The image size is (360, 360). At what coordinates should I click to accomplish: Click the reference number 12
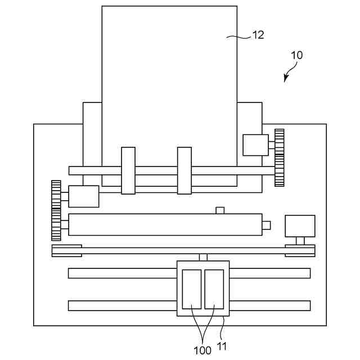[x=258, y=35]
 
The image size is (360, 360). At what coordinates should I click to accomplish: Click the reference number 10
[x=296, y=56]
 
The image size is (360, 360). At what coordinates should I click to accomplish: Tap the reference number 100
[x=202, y=350]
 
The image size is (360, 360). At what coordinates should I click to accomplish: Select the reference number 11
[x=222, y=346]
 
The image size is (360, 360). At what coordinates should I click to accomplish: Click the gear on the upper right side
[x=279, y=157]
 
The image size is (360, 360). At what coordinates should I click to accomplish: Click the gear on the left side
[x=56, y=210]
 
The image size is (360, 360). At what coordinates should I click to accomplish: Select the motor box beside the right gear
[x=255, y=145]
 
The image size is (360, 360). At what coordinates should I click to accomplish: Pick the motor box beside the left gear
[x=83, y=196]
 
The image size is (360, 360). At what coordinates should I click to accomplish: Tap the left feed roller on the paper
[x=128, y=170]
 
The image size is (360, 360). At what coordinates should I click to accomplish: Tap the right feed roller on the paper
[x=184, y=170]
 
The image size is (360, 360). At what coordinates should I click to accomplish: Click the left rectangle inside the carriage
[x=192, y=289]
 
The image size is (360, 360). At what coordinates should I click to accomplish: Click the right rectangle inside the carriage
[x=214, y=289]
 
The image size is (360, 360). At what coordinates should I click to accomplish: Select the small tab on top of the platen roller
[x=220, y=210]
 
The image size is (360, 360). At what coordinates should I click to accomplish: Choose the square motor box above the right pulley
[x=300, y=226]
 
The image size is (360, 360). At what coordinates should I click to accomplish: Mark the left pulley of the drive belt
[x=67, y=251]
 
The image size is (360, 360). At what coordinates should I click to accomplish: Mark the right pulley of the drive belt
[x=300, y=251]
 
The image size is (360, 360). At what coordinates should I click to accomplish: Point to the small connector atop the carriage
[x=203, y=257]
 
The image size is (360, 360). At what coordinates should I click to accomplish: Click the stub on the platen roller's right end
[x=266, y=225]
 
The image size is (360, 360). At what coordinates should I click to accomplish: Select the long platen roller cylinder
[x=165, y=224]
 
